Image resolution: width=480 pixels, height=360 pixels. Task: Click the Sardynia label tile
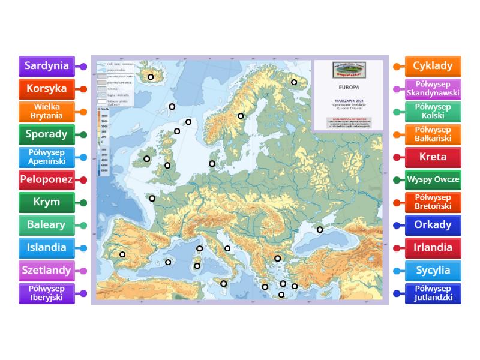tap(47, 66)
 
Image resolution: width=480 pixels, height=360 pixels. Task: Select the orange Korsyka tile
tap(47, 89)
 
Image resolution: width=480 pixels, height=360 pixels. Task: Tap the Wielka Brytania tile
tap(47, 112)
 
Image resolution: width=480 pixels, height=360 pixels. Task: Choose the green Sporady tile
tap(47, 134)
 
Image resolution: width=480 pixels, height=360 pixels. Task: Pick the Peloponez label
tap(47, 179)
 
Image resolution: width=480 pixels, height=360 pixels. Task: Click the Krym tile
tap(47, 202)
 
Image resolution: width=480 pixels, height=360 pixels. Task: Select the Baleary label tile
tap(47, 225)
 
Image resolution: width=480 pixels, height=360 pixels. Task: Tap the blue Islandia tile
tap(47, 247)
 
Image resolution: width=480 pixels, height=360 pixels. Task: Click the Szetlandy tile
tap(47, 270)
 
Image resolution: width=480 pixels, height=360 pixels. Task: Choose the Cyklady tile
tap(433, 66)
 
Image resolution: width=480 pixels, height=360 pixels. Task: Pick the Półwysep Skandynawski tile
tap(433, 89)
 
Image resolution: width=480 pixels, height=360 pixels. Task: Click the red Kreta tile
tap(433, 157)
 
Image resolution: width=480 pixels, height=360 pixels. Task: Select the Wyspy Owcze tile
tap(433, 179)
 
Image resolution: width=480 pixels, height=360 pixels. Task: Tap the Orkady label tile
tap(433, 225)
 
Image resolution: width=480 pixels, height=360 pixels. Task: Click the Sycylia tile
tap(433, 270)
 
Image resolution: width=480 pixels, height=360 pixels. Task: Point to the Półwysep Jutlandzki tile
tap(433, 293)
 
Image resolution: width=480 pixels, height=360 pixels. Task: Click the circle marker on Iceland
tap(151, 77)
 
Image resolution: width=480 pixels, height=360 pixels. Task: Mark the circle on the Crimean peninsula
tap(320, 230)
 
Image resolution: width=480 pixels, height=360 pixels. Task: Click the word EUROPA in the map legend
tap(349, 88)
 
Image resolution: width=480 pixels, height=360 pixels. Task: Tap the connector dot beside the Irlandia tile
tap(396, 248)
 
